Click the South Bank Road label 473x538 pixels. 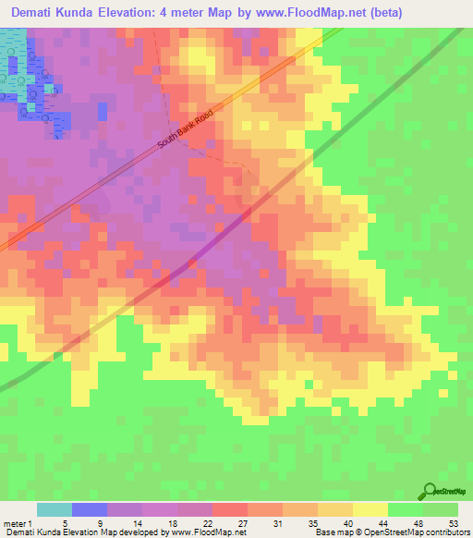185,129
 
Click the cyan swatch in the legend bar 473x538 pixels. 55,509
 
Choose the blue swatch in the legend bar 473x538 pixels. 90,509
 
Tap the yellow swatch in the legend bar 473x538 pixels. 370,509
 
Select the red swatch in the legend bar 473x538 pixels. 230,509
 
